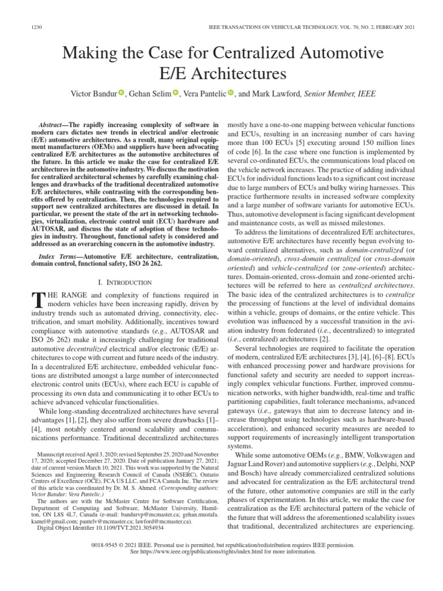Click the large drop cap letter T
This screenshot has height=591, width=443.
[x=36, y=299]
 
